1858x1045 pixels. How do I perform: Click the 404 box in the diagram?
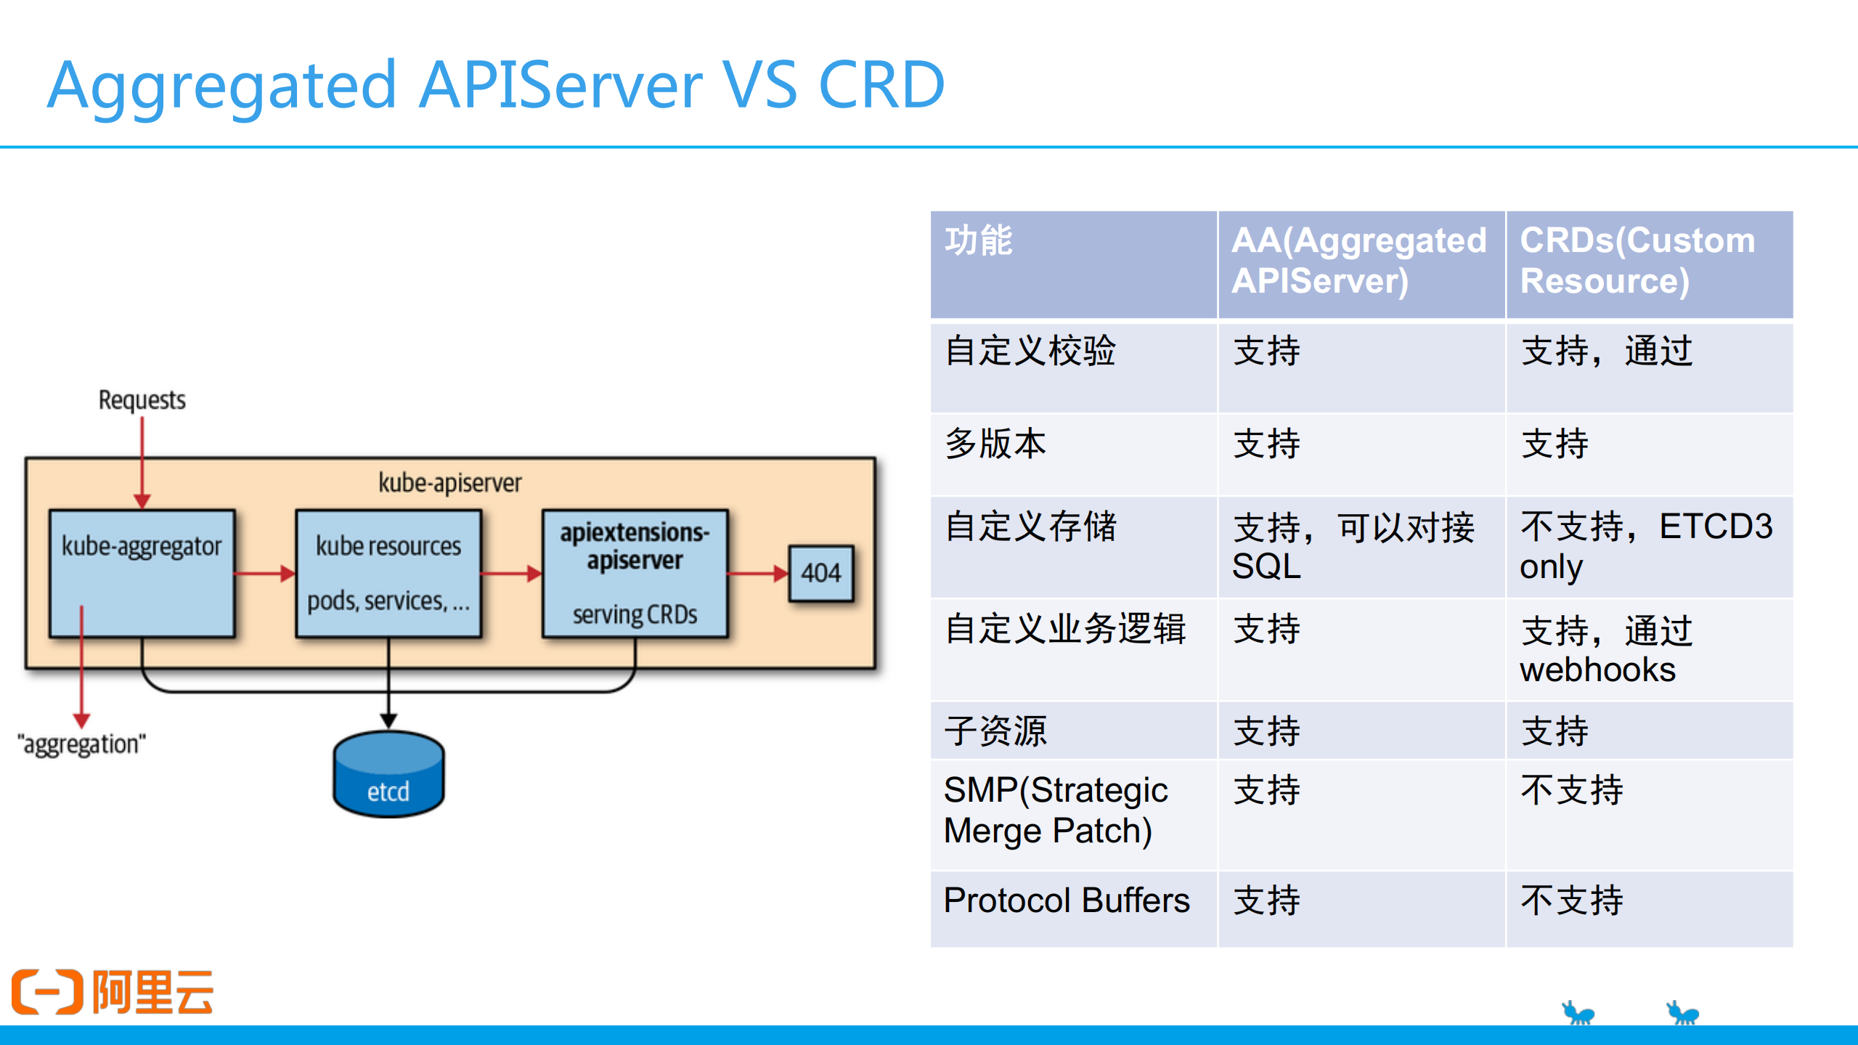[x=820, y=573]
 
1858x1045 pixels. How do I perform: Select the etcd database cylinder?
[x=388, y=775]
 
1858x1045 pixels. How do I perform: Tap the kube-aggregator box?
[x=142, y=573]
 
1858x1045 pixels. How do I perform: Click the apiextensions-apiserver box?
[x=635, y=573]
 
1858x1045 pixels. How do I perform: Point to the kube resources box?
[x=388, y=573]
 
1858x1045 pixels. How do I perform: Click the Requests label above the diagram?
[x=142, y=400]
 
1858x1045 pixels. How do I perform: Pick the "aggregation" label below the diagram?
[x=81, y=744]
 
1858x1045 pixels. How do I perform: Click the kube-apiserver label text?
[x=449, y=483]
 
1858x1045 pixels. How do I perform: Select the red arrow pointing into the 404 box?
[x=758, y=574]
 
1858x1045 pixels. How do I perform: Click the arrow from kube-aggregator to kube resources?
[x=265, y=574]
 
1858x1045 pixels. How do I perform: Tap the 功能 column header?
[x=978, y=241]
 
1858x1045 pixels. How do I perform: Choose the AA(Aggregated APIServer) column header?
[x=1359, y=261]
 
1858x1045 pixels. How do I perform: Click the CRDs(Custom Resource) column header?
[x=1637, y=261]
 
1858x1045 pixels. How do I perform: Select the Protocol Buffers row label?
[x=1066, y=900]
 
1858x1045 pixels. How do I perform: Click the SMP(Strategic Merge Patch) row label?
[x=1056, y=810]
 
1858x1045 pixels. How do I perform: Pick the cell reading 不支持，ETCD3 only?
[x=1647, y=546]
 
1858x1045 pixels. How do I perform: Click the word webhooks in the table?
[x=1597, y=670]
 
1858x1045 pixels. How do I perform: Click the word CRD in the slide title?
[x=881, y=85]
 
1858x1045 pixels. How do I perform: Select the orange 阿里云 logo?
[x=113, y=991]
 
